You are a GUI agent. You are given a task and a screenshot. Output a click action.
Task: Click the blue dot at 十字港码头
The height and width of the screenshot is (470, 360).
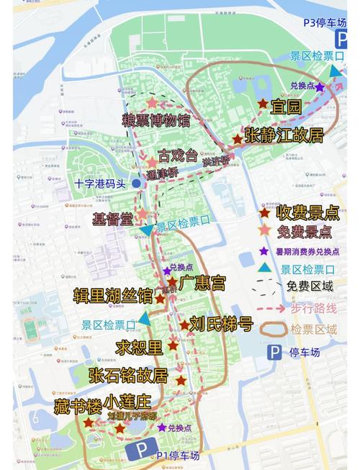click(x=136, y=184)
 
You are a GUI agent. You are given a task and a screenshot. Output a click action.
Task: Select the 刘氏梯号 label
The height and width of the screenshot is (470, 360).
click(x=220, y=322)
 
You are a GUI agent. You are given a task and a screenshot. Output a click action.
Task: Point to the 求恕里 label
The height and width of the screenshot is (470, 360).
click(x=141, y=348)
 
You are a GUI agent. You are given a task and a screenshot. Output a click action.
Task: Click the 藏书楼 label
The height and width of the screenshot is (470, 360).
click(x=77, y=405)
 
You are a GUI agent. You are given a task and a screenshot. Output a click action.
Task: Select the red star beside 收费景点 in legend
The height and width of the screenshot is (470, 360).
click(x=265, y=212)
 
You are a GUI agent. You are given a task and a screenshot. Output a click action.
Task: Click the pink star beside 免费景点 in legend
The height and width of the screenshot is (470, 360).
click(x=265, y=232)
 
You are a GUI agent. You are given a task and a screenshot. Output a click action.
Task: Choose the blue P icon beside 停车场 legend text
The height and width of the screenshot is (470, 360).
click(x=274, y=352)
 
